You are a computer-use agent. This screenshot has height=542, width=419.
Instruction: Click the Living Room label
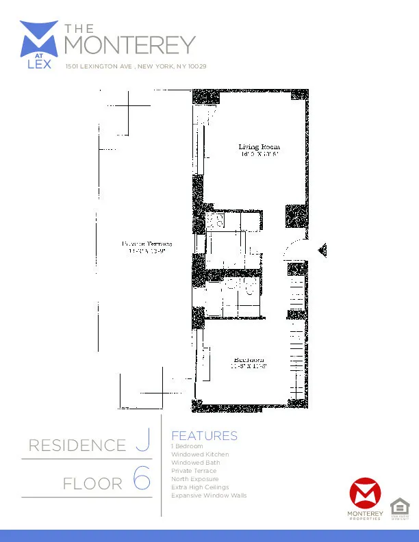(x=259, y=147)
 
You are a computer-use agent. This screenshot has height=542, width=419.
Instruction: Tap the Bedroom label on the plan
(x=249, y=360)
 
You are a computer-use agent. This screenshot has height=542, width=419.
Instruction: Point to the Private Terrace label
(x=147, y=244)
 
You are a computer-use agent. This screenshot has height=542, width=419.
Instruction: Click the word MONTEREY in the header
(x=129, y=45)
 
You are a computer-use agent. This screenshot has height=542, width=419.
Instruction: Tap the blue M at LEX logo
(x=39, y=44)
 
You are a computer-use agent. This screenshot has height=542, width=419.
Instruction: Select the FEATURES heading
(x=204, y=436)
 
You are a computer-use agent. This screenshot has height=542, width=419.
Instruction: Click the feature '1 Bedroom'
(x=187, y=446)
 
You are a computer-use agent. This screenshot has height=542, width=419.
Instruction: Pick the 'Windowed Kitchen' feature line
(x=200, y=454)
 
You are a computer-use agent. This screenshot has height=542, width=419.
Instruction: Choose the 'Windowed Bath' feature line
(x=196, y=463)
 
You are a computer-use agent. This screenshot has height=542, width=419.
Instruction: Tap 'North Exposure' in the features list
(x=195, y=479)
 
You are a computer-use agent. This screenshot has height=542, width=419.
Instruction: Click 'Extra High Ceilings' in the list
(x=200, y=487)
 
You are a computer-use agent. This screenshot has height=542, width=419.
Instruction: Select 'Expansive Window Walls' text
(x=209, y=495)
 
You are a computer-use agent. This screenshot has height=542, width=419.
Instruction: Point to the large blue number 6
(x=141, y=480)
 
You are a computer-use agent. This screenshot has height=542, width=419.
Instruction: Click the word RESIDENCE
(x=77, y=446)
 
